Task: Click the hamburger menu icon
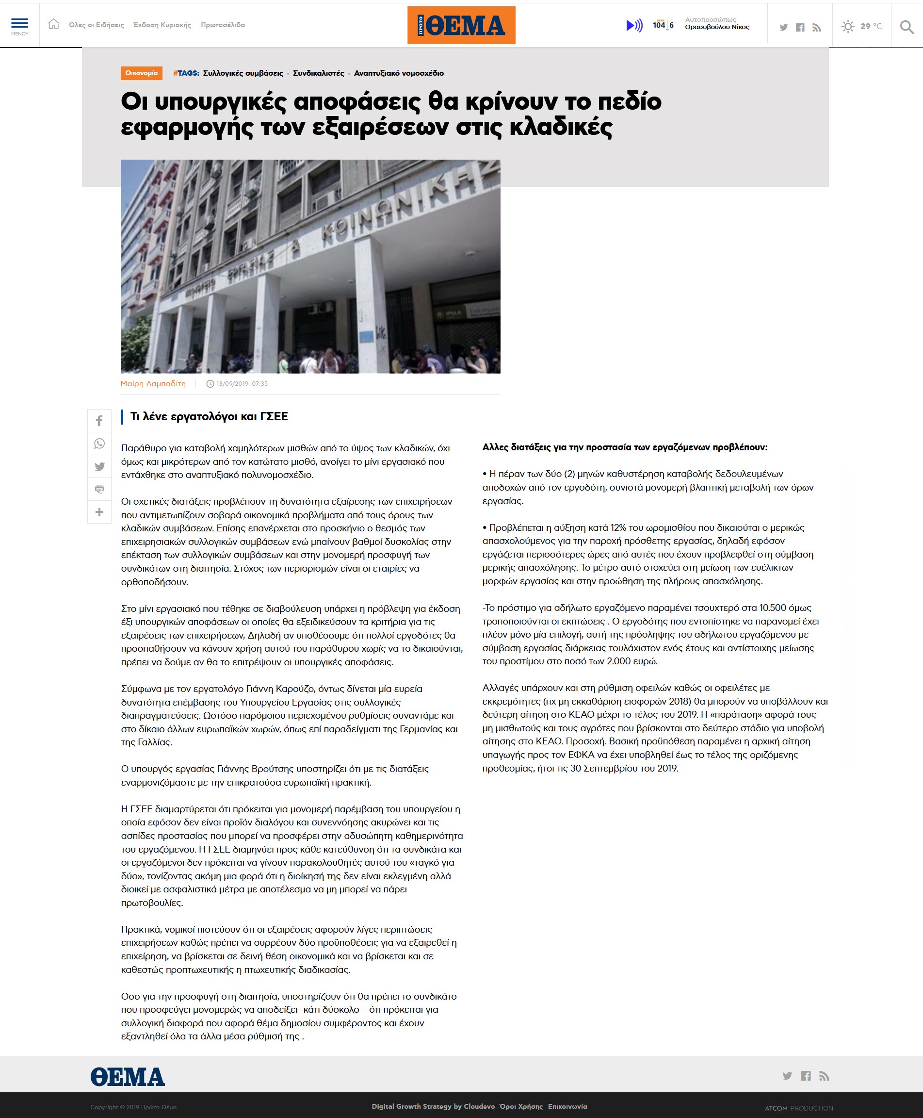pyautogui.click(x=20, y=24)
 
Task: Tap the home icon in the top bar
pyautogui.click(x=54, y=24)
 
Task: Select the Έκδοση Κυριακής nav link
pyautogui.click(x=162, y=25)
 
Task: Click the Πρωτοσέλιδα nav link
pyautogui.click(x=223, y=25)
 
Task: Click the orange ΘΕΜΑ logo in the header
pyautogui.click(x=461, y=25)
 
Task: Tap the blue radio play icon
pyautogui.click(x=634, y=25)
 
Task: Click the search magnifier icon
pyautogui.click(x=907, y=26)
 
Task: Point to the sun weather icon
pyautogui.click(x=847, y=26)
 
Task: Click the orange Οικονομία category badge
pyautogui.click(x=142, y=73)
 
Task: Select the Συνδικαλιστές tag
pyautogui.click(x=319, y=73)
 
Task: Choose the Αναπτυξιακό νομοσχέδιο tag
pyautogui.click(x=399, y=73)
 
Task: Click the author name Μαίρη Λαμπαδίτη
pyautogui.click(x=153, y=383)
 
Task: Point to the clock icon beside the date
pyautogui.click(x=210, y=384)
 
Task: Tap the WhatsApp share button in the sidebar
pyautogui.click(x=99, y=444)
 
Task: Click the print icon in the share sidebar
pyautogui.click(x=99, y=489)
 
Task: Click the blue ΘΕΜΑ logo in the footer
pyautogui.click(x=128, y=1077)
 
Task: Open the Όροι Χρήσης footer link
pyautogui.click(x=521, y=1106)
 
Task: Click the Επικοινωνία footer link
pyautogui.click(x=567, y=1106)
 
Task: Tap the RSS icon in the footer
pyautogui.click(x=824, y=1076)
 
